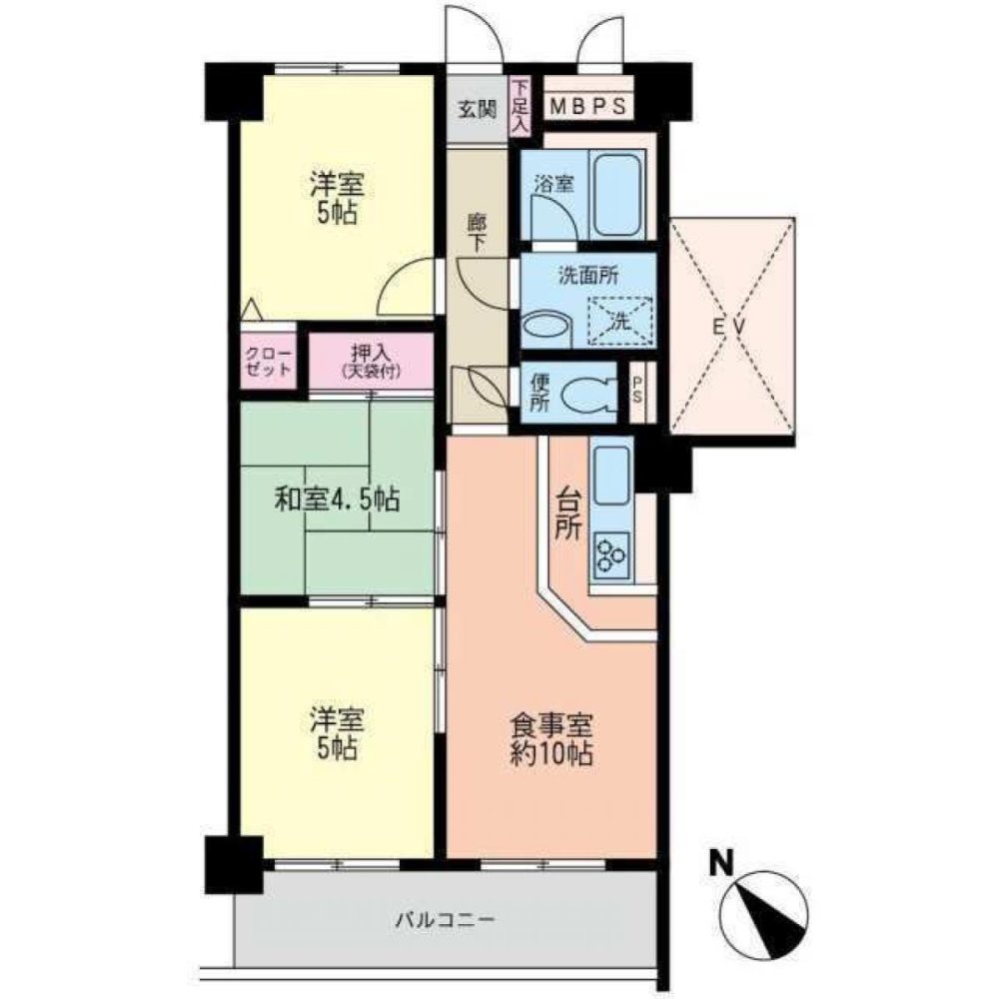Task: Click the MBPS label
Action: click(x=588, y=107)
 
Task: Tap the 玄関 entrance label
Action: click(x=478, y=110)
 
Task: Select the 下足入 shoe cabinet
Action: click(x=520, y=107)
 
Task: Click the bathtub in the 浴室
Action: click(x=615, y=195)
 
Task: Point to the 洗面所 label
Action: click(x=588, y=276)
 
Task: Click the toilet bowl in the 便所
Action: click(x=588, y=394)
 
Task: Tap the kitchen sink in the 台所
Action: click(x=611, y=475)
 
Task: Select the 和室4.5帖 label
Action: click(x=337, y=499)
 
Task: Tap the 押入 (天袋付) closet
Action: click(x=371, y=361)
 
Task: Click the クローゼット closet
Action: click(x=268, y=361)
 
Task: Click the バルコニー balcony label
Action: click(x=445, y=920)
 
